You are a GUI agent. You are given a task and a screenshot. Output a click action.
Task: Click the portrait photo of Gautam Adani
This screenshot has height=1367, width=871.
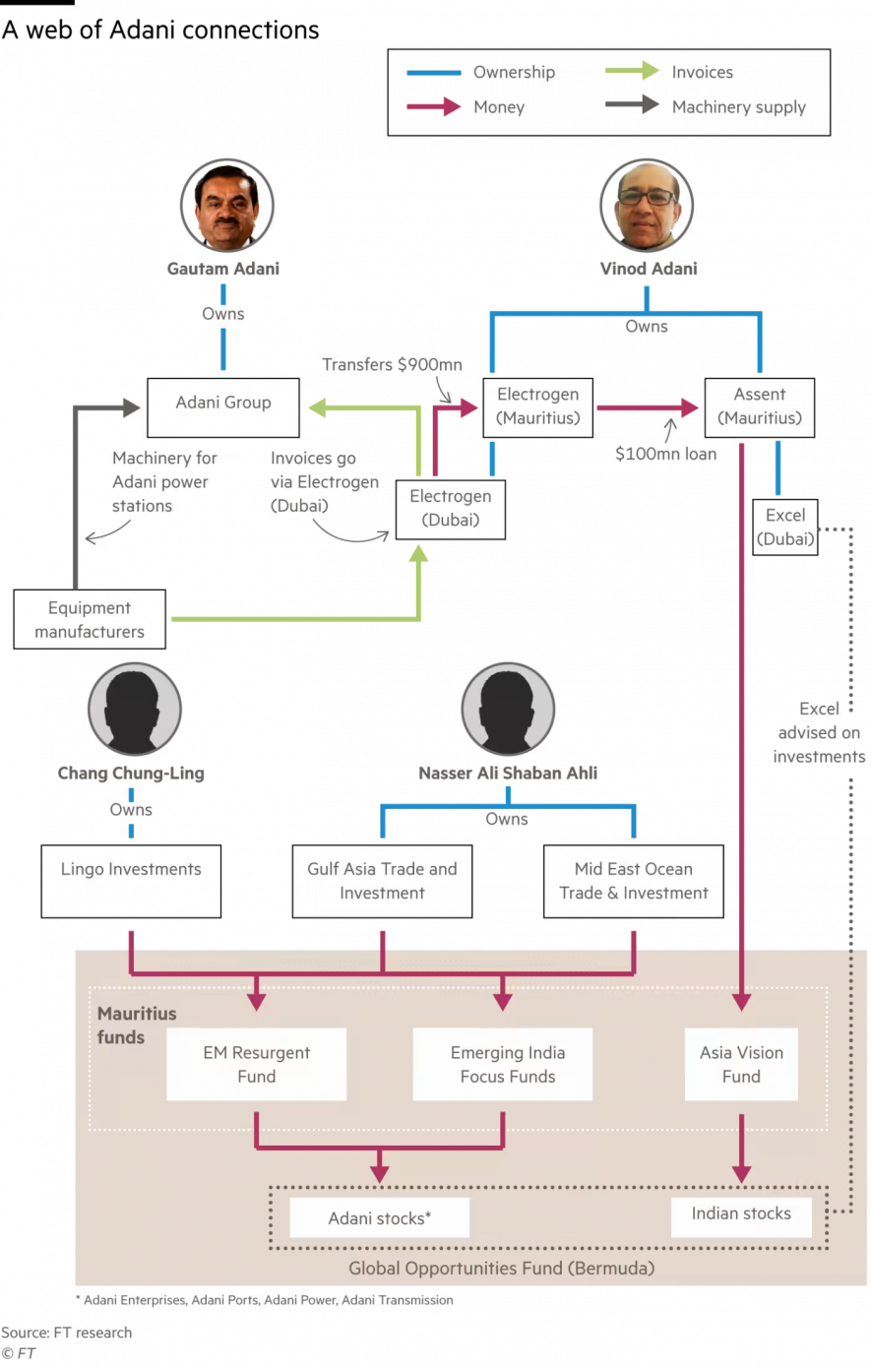pos(226,206)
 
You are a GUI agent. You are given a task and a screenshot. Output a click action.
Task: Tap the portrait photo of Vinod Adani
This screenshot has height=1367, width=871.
pos(647,206)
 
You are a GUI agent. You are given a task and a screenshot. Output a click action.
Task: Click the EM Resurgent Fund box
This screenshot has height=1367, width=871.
pos(256,1064)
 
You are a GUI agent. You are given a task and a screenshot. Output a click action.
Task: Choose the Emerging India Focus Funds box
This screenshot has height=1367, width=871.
pos(503,1064)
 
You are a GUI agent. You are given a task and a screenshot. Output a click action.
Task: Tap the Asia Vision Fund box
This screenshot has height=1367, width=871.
pos(741,1064)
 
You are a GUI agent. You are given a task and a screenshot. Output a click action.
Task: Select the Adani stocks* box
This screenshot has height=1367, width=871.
pos(379,1218)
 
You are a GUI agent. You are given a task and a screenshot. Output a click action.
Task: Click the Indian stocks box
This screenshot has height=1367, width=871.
pos(741,1214)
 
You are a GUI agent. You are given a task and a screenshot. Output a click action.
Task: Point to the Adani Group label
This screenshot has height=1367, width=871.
pos(223,403)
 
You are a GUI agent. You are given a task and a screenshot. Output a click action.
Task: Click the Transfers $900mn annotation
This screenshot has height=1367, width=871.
pos(392,365)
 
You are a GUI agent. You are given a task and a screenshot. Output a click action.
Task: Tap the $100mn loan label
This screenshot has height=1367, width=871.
pos(665,454)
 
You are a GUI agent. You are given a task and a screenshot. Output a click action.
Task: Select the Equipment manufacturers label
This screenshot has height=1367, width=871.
pos(90,620)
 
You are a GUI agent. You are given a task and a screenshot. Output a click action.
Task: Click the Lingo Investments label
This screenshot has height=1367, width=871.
pos(131,869)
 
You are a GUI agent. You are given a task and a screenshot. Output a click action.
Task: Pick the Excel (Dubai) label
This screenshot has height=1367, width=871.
pos(785,527)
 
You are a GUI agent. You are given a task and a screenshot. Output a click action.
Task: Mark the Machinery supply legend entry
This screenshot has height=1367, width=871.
pos(738,107)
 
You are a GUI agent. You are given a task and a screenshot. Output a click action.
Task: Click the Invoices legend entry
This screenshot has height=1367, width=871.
pos(702,72)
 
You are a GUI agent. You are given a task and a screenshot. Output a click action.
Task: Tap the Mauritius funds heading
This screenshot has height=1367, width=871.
pos(122,1025)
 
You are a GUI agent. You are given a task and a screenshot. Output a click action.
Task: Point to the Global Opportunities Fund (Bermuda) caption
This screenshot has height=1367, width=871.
pos(501,1268)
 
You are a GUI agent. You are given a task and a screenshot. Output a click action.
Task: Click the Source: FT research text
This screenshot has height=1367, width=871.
pos(67,1333)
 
